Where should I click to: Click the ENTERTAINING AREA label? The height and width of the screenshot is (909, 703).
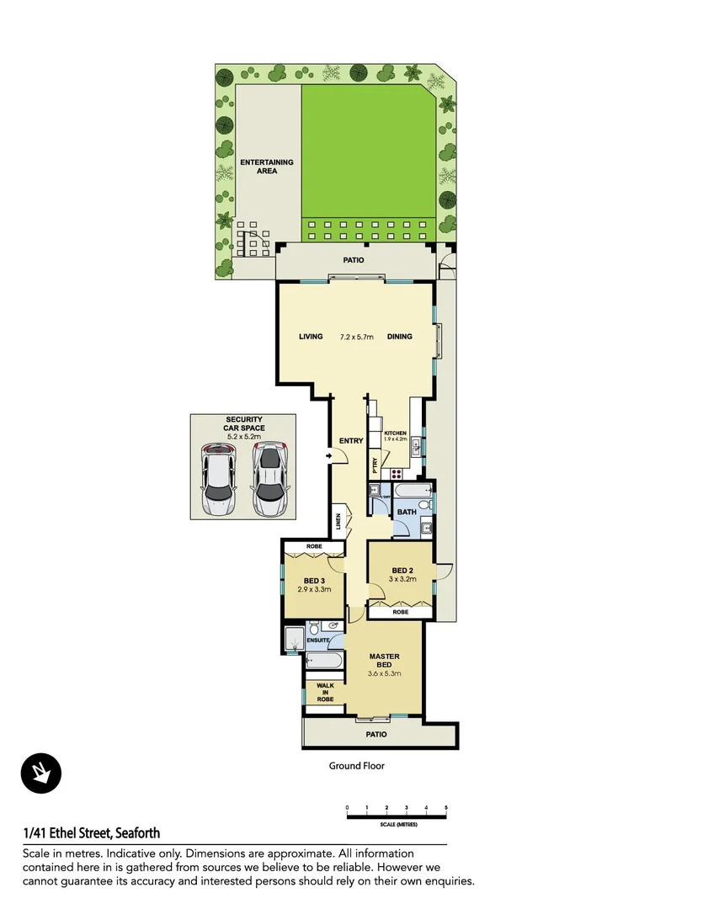point(267,166)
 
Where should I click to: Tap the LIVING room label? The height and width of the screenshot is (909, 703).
point(311,337)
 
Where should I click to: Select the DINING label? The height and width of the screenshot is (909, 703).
point(400,337)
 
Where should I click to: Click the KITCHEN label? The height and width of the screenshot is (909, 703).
point(395,433)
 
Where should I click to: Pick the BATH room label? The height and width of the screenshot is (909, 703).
point(407,512)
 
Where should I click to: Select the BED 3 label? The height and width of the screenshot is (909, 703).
point(315,581)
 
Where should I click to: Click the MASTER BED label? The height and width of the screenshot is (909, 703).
point(384,661)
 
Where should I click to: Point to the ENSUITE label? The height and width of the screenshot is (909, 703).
point(317,641)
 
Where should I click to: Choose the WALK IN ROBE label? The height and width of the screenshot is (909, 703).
point(325,693)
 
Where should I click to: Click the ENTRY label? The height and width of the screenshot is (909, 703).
point(351,441)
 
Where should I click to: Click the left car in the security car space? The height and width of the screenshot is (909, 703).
point(218,481)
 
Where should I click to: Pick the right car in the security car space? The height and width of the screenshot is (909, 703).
point(268,481)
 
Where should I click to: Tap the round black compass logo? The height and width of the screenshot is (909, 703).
point(41,772)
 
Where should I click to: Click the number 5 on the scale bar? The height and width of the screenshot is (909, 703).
point(446,808)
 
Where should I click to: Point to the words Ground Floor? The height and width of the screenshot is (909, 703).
point(356,766)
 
